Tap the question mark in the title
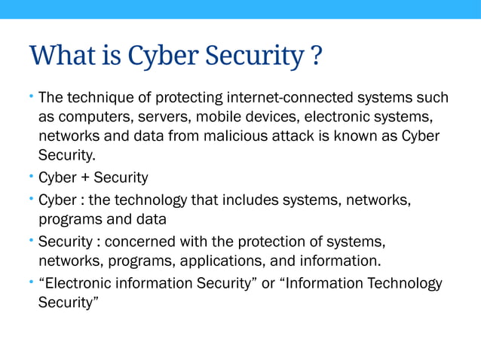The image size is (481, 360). [316, 55]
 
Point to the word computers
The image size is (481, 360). [89, 117]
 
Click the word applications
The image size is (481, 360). [216, 262]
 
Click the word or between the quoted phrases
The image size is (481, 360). [268, 284]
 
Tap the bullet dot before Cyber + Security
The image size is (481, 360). [32, 178]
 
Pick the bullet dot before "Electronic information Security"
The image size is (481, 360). [32, 283]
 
